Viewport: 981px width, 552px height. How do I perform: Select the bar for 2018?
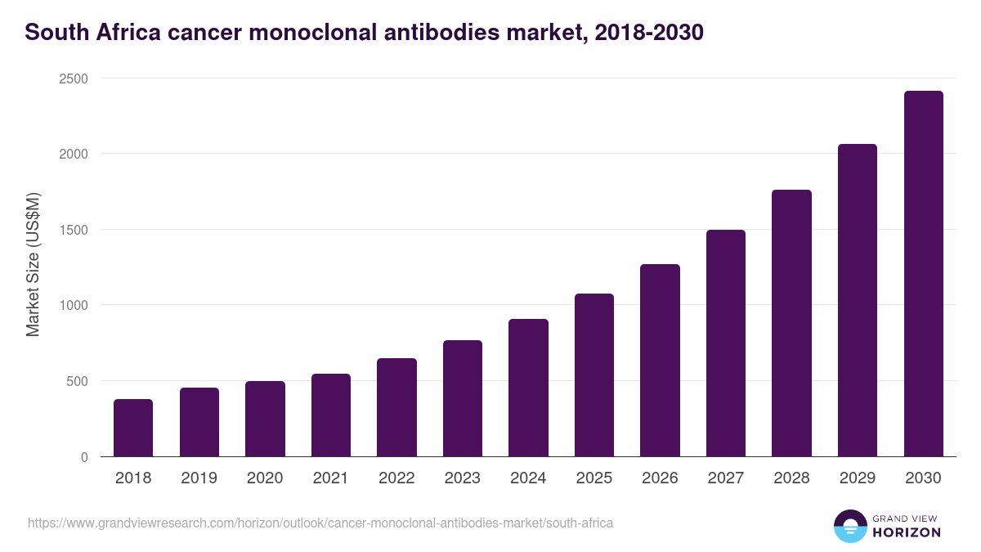pyautogui.click(x=133, y=428)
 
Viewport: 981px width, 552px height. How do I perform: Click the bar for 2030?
pyautogui.click(x=923, y=274)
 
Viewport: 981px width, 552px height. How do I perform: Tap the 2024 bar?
pyautogui.click(x=528, y=388)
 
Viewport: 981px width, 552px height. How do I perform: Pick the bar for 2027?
pyautogui.click(x=726, y=343)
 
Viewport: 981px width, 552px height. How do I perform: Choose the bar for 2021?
pyautogui.click(x=331, y=415)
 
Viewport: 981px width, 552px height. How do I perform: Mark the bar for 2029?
pyautogui.click(x=858, y=300)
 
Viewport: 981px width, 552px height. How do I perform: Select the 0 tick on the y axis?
pyautogui.click(x=84, y=457)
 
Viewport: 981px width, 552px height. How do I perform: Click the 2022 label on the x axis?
pyautogui.click(x=396, y=478)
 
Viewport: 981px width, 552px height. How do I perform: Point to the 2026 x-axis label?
pyautogui.click(x=660, y=478)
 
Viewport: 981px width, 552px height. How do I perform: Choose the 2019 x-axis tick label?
pyautogui.click(x=199, y=478)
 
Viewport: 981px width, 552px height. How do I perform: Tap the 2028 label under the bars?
pyautogui.click(x=791, y=478)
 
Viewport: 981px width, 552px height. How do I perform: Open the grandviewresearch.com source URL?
pyautogui.click(x=320, y=523)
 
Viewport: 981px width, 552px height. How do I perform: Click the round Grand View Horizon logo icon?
pyautogui.click(x=850, y=526)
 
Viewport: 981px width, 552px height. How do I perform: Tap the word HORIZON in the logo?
pyautogui.click(x=907, y=532)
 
